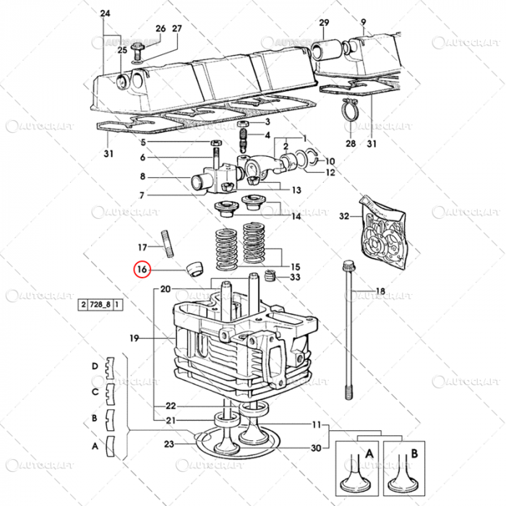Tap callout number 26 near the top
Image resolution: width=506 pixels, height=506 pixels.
(160, 29)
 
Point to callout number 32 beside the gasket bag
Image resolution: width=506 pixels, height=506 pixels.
(344, 215)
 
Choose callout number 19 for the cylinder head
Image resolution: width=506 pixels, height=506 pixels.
(133, 338)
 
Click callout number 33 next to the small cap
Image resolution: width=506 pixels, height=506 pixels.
(295, 277)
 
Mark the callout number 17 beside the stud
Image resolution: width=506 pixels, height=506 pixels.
(142, 246)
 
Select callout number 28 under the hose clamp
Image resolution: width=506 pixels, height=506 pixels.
(350, 145)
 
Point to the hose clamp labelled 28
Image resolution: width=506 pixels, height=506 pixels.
(352, 110)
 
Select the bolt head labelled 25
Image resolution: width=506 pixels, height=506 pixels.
(142, 46)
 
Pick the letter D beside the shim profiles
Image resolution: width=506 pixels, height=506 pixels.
(94, 366)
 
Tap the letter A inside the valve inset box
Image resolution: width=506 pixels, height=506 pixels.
(369, 453)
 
